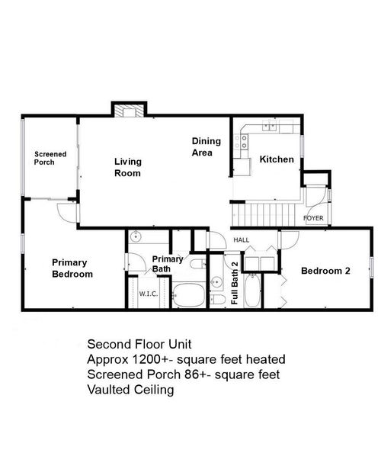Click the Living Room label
click(127, 167)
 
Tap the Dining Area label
click(206, 146)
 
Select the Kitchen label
click(276, 159)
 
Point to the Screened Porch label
click(50, 158)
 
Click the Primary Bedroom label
click(72, 268)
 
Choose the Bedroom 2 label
click(325, 271)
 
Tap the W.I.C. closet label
click(148, 294)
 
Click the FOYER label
click(313, 218)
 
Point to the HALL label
click(241, 239)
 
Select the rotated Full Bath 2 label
click(235, 284)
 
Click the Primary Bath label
click(167, 264)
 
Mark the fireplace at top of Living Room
click(126, 111)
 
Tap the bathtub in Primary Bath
click(187, 295)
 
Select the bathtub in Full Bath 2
click(254, 291)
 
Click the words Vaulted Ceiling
click(131, 389)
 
